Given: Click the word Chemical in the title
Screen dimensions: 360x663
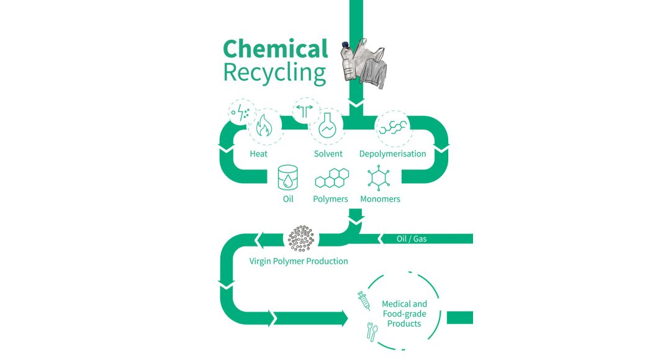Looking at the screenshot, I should pos(275,48).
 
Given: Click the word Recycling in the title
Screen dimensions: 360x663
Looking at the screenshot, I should pos(274,73).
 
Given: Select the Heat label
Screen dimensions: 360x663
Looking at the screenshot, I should pos(258,153).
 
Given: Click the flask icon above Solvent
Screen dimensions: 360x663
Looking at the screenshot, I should pos(327,127).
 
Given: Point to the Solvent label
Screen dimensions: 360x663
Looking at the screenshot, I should pos(328,153).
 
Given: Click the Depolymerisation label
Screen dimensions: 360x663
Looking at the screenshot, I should pos(392,153).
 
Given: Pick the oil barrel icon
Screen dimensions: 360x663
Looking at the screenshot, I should pos(288,178).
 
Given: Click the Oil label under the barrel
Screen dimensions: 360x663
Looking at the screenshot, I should pos(288,199).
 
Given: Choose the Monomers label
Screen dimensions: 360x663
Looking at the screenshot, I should pos(380,199).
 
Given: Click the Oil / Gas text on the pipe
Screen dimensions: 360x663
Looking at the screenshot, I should pos(412,238).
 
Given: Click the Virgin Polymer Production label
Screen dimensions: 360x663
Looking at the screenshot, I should pos(299,261).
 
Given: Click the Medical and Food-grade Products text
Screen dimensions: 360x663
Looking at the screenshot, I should pos(404,313).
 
